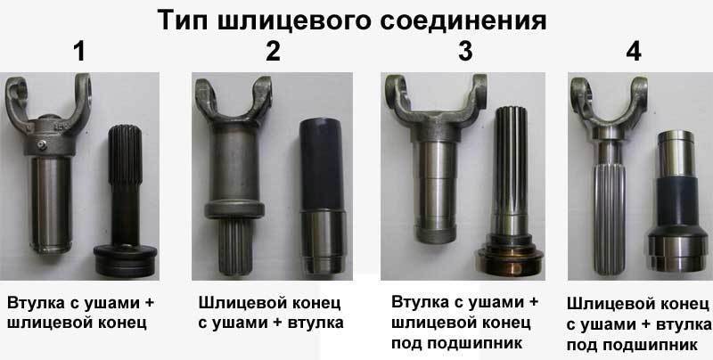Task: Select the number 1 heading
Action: click(79, 52)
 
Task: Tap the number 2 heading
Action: click(273, 52)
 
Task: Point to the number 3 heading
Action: click(465, 52)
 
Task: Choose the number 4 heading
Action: click(634, 52)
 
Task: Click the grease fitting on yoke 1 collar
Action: click(43, 144)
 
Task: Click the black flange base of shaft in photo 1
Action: click(125, 259)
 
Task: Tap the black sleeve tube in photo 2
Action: click(321, 165)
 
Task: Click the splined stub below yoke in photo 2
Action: click(235, 245)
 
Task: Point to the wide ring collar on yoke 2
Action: click(234, 209)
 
